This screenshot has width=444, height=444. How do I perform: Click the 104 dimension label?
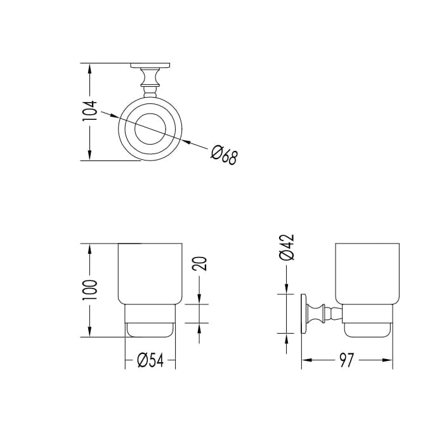coord(90,110)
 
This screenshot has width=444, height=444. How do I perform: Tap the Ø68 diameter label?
coord(224,155)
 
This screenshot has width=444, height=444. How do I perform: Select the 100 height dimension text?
coord(90,290)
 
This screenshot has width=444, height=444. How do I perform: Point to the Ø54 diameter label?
coord(150,360)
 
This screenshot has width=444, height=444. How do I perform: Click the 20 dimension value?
coord(200,263)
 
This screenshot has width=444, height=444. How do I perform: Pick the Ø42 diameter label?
coord(287,247)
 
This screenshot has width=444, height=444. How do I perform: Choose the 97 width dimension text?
coord(346,360)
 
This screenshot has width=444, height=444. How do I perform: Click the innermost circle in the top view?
coord(135,129)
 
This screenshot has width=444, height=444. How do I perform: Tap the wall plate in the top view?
coord(150,65)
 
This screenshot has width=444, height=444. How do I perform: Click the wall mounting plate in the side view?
coord(304,315)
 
